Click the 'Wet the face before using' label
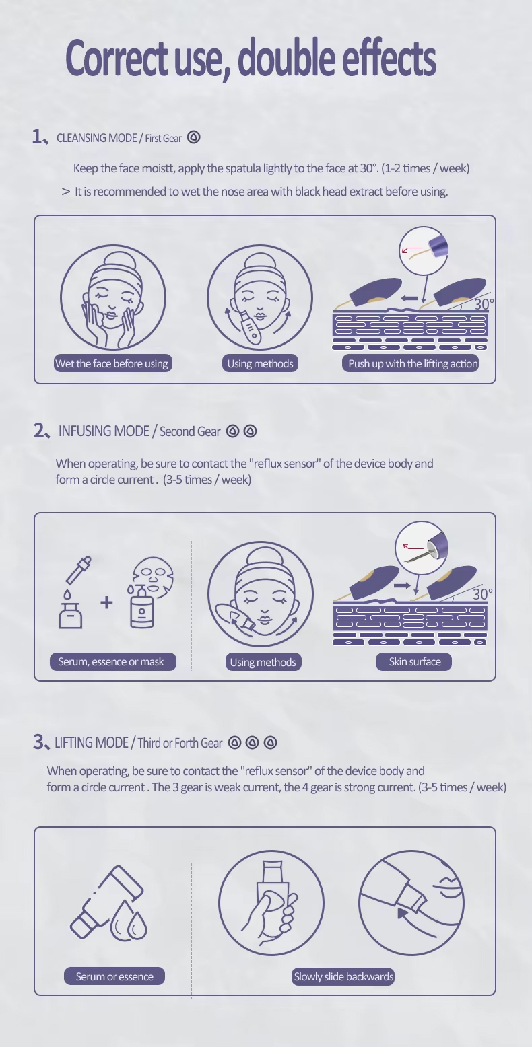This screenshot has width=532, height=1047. pyautogui.click(x=112, y=363)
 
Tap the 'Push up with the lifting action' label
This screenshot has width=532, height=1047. pyautogui.click(x=410, y=363)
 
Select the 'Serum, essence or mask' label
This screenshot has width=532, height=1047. pyautogui.click(x=113, y=661)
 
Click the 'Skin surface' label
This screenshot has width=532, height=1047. pyautogui.click(x=413, y=661)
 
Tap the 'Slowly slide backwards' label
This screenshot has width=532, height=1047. pyautogui.click(x=343, y=976)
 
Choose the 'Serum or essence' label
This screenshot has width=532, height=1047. pyautogui.click(x=114, y=976)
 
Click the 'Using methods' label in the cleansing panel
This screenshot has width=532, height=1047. pyautogui.click(x=260, y=363)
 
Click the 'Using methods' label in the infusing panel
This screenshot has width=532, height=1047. pyautogui.click(x=263, y=662)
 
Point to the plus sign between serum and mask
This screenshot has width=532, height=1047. pyautogui.click(x=106, y=602)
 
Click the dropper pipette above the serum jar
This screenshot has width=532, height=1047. pyautogui.click(x=79, y=570)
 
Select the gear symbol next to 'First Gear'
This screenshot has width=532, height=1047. pyautogui.click(x=194, y=137)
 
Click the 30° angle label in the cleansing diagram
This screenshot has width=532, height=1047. pyautogui.click(x=484, y=304)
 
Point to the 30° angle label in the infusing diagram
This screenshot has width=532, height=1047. pyautogui.click(x=482, y=594)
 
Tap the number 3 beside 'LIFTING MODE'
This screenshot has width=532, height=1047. pyautogui.click(x=38, y=742)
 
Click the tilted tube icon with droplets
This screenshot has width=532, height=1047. pyautogui.click(x=108, y=904)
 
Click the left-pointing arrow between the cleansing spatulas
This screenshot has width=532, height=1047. pyautogui.click(x=409, y=297)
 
